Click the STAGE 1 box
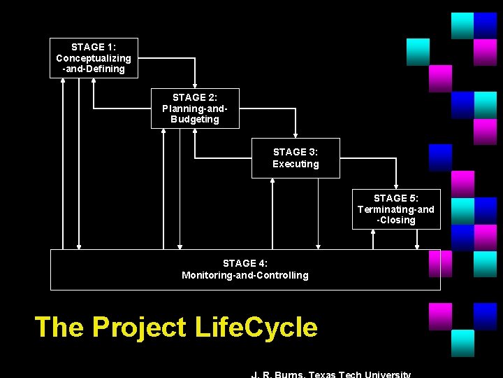94,57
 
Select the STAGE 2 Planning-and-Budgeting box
195,108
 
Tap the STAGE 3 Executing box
296,158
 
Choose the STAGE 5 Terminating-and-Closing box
396,209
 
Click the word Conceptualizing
94,58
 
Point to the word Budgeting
195,120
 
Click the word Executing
296,164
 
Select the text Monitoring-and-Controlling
245,276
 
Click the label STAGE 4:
245,264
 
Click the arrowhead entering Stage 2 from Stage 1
195,85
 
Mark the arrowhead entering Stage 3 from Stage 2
296,135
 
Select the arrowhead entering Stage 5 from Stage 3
396,186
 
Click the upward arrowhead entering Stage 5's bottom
373,233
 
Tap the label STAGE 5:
396,199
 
